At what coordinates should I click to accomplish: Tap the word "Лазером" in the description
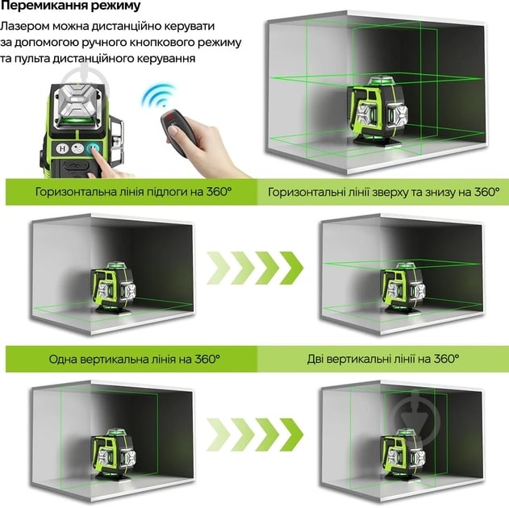pos(24,26)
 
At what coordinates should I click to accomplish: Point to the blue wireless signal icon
pos(159,95)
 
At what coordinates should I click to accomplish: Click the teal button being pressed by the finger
pos(93,149)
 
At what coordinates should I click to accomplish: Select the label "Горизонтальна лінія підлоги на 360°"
pos(133,192)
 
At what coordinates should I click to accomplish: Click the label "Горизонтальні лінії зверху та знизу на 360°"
pos(384,192)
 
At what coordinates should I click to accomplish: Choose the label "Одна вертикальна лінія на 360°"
pos(135,360)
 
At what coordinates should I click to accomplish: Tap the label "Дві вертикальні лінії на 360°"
pos(383,359)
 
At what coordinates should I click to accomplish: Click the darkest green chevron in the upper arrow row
pos(291,268)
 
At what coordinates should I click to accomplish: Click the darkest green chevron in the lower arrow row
pos(291,435)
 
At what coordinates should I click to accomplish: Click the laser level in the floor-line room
pos(113,287)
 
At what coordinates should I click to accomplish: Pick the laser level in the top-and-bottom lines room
pos(403,287)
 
